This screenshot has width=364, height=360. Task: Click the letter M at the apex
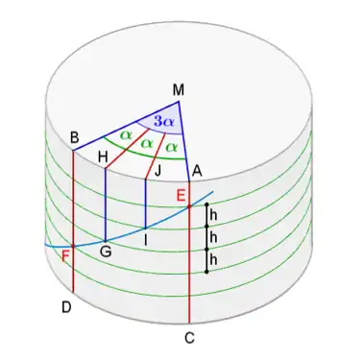(x=179, y=90)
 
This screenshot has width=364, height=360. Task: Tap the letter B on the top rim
(x=74, y=137)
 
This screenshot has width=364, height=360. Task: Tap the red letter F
(x=65, y=254)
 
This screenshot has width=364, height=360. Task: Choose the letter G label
(x=106, y=251)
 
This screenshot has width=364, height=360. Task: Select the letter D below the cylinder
(x=66, y=307)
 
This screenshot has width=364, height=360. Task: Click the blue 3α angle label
(x=164, y=122)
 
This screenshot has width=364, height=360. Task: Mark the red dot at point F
(x=74, y=246)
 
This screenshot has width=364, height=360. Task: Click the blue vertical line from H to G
(x=105, y=206)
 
